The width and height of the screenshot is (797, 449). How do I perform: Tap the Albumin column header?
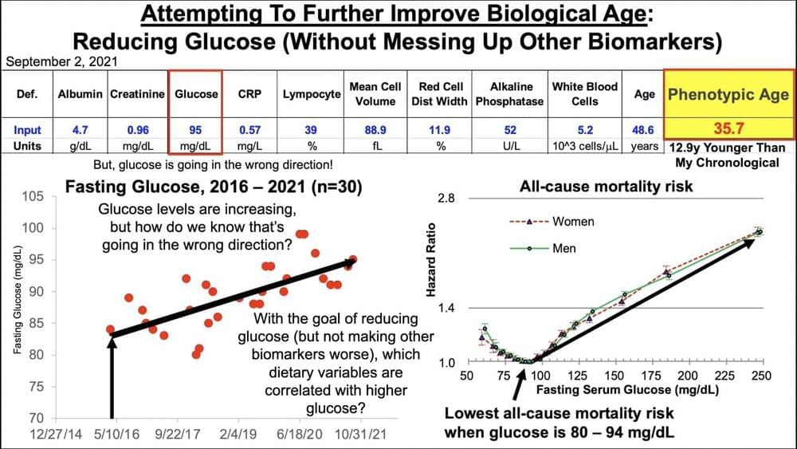point(80,94)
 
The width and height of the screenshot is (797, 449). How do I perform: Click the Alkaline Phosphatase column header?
point(509,94)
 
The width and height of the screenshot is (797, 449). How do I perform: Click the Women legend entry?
point(572,221)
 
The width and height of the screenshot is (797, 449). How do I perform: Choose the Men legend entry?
point(563,248)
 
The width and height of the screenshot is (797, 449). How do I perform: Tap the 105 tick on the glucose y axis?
point(33,197)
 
